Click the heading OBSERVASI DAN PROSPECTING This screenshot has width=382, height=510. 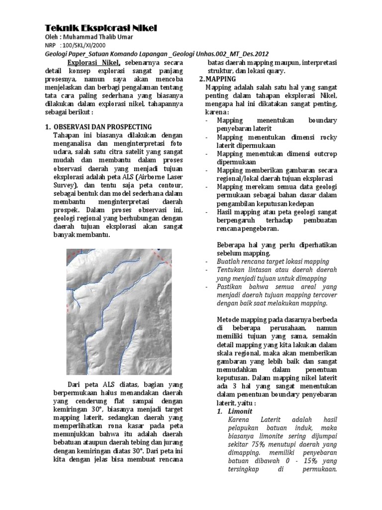point(102,127)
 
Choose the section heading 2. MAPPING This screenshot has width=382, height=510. point(217,79)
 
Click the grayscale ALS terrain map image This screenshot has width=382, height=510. point(119,312)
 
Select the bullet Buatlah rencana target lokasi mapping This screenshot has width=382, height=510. point(273,261)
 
